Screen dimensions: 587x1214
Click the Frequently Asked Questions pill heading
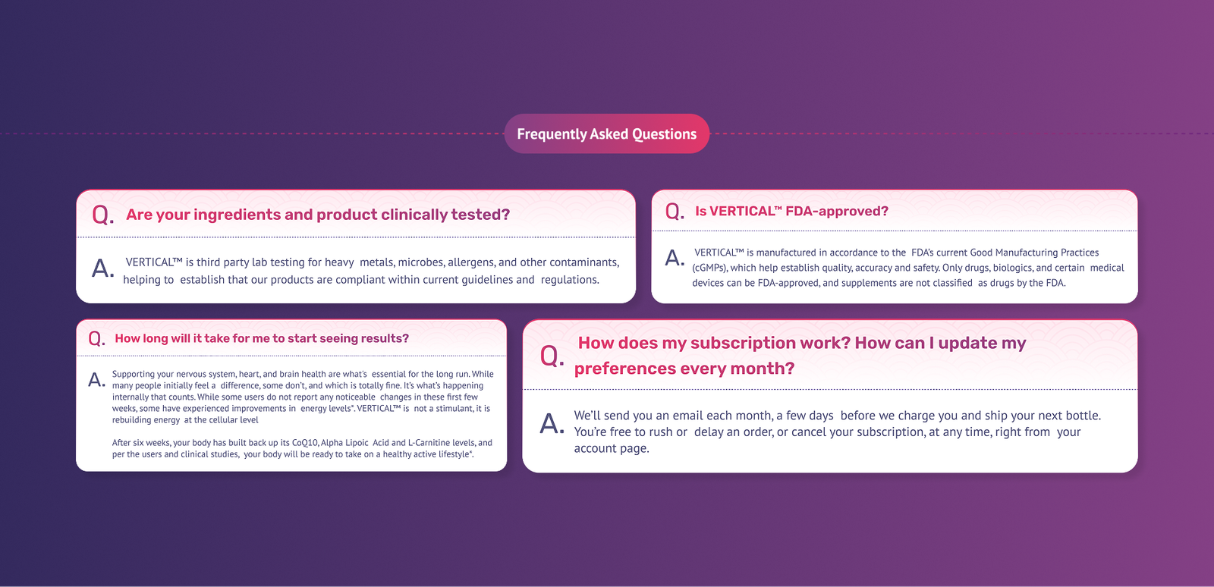tap(606, 134)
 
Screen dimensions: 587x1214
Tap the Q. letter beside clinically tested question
tap(102, 215)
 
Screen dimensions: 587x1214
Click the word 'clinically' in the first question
tap(414, 215)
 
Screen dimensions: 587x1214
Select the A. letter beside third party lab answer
tap(102, 268)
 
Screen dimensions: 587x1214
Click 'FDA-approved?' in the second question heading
tap(837, 212)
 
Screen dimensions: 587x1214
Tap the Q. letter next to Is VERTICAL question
tap(675, 212)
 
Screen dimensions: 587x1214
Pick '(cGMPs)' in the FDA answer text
tap(709, 268)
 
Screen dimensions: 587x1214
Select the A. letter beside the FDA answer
tap(675, 259)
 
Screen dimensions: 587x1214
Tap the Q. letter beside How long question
tap(96, 338)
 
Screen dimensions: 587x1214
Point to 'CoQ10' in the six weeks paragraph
tap(305, 443)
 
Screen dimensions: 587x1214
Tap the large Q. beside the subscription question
tap(552, 356)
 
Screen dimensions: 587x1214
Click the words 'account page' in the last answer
tap(610, 448)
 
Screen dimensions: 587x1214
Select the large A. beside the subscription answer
tap(552, 423)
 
